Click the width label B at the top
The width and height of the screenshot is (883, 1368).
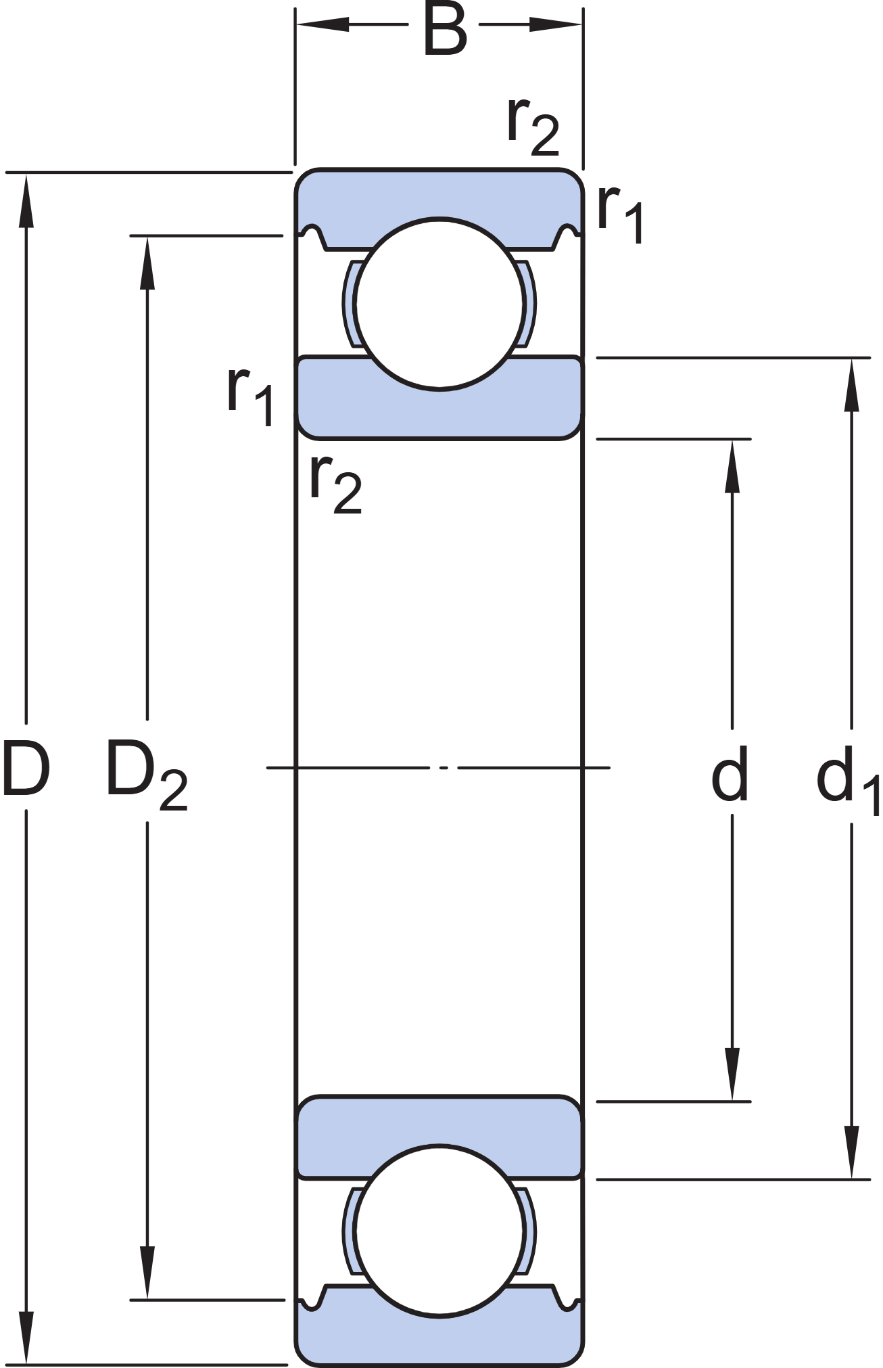pos(444,30)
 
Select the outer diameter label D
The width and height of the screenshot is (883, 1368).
pos(26,769)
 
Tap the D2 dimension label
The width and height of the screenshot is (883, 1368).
pos(146,774)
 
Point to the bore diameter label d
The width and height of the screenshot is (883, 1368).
pos(730,773)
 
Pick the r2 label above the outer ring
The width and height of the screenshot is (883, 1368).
pos(533,126)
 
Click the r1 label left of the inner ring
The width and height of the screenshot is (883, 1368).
pos(250,396)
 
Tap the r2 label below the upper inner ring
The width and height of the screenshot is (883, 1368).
pos(335,483)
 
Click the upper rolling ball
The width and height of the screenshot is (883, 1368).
pos(439,304)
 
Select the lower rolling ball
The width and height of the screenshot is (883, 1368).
pos(439,1231)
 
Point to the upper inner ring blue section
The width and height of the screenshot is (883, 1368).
pos(439,413)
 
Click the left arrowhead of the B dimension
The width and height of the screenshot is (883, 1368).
pos(322,25)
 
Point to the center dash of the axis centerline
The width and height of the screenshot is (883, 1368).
pos(444,768)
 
